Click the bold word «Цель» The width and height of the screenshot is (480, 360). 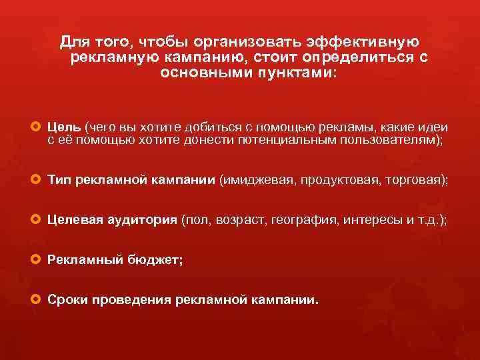pyautogui.click(x=65, y=127)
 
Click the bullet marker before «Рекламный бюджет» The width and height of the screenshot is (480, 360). pyautogui.click(x=36, y=261)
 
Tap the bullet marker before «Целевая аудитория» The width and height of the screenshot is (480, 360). pyautogui.click(x=36, y=221)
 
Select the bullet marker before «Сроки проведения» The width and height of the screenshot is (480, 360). pyautogui.click(x=36, y=300)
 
